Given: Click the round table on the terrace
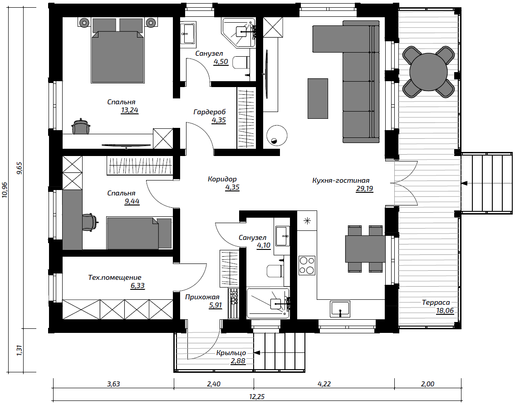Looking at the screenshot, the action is pos(429,72).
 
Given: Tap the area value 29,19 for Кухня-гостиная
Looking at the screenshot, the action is pos(364,189).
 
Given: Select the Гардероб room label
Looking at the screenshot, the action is pos(210,112).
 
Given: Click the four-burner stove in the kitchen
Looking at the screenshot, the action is pos(307,265).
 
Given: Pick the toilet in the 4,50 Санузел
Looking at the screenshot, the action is pos(241,62).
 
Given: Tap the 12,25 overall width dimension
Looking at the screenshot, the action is pos(257,396).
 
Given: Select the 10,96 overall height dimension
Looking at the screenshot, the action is pos(5,190).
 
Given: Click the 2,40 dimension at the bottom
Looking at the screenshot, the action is pos(214,384).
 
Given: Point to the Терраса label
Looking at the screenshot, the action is pos(436,302).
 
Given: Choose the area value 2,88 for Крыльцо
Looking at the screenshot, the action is pos(238,361).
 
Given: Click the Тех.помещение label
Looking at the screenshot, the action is pos(115,278).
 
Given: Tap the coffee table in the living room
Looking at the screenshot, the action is pos(318,98).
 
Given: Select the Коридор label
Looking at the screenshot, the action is pos(222,179).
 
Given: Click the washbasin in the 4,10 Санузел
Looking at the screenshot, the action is pos(282,236).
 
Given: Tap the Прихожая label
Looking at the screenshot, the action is pos(202,298).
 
